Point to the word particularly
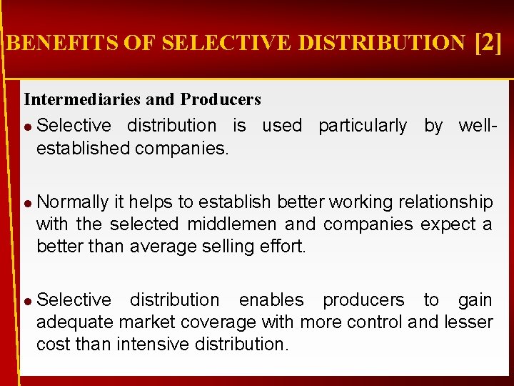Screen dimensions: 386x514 (x=363, y=126)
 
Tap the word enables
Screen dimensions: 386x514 (x=271, y=300)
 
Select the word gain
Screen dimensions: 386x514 (x=475, y=300)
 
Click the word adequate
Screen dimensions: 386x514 (x=77, y=322)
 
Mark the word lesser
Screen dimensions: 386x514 (x=468, y=322)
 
